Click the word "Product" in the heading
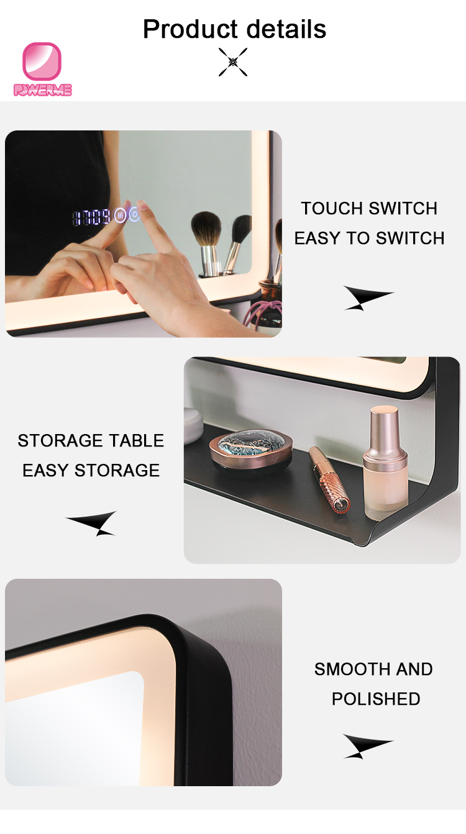click(190, 29)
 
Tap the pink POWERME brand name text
click(43, 90)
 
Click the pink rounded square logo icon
click(42, 61)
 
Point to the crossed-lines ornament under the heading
click(233, 62)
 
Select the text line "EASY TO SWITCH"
click(369, 238)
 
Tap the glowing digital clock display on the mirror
click(91, 217)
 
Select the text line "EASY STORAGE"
click(91, 471)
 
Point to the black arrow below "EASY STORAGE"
click(91, 523)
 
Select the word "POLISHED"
click(376, 699)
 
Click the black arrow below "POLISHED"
click(368, 746)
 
